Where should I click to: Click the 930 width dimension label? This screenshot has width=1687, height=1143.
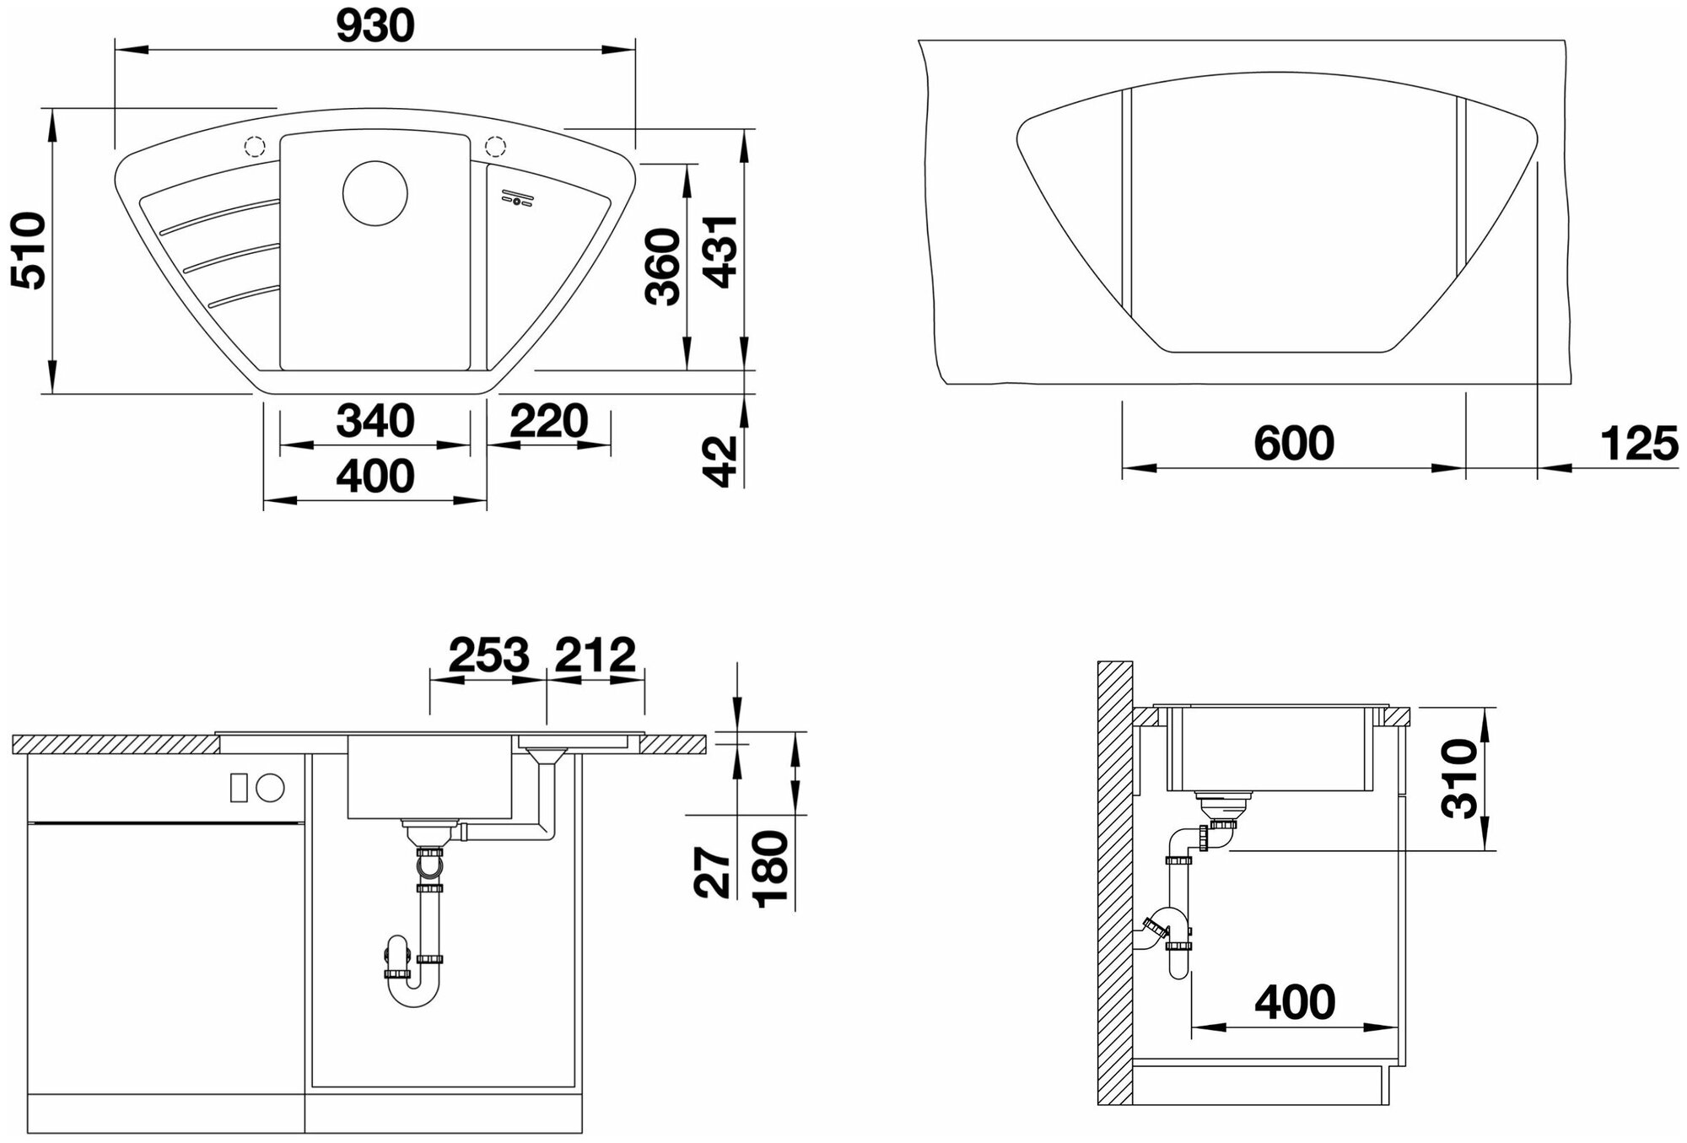[x=375, y=27]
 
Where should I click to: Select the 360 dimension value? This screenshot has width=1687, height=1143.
[x=662, y=267]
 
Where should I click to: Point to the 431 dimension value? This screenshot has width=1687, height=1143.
[x=720, y=251]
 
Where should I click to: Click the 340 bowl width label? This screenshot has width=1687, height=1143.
[x=375, y=420]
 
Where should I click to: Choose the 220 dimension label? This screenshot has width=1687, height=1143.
[x=549, y=420]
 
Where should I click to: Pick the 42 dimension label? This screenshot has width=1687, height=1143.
[x=720, y=461]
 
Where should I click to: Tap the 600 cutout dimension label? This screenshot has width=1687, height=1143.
[x=1294, y=443]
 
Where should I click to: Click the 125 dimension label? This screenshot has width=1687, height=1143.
[x=1639, y=443]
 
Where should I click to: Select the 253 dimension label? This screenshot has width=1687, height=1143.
[x=489, y=655]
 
